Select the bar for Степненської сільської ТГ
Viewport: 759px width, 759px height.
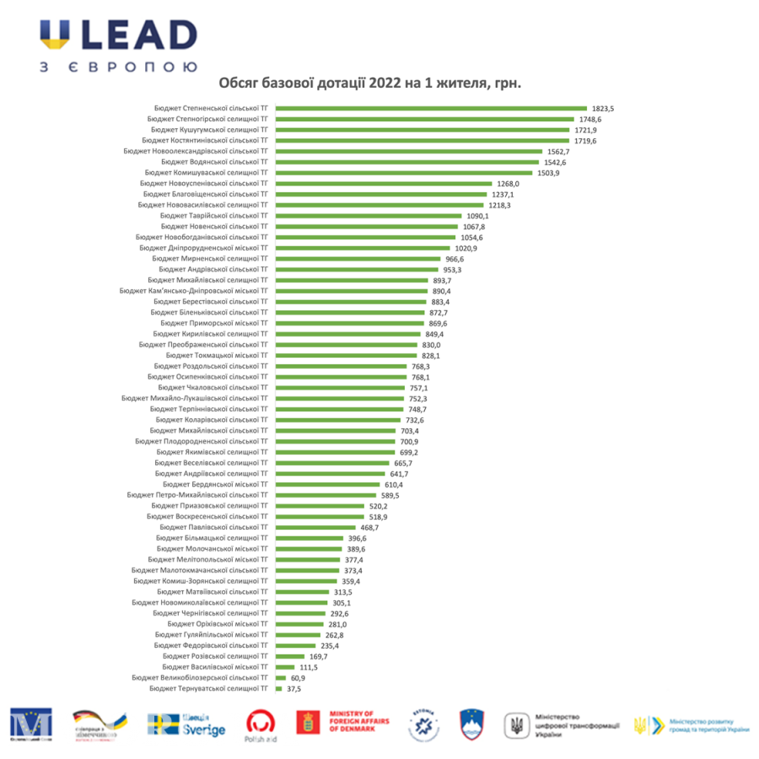[x=432, y=108]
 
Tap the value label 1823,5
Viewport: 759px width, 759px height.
[x=602, y=109]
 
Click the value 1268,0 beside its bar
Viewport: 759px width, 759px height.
[x=509, y=183]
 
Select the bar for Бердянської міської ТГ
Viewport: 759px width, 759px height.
[x=328, y=485]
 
